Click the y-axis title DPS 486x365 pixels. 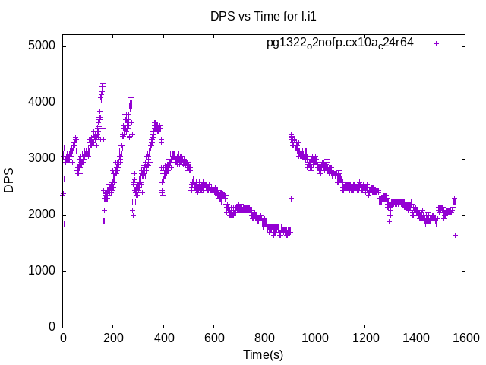[9, 179]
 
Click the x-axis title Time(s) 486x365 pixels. [263, 354]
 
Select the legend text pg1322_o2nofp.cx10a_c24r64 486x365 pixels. [339, 43]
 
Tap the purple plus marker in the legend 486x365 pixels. [436, 43]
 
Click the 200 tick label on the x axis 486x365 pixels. [113, 338]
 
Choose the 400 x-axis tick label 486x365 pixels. [163, 338]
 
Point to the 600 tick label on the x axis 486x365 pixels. [213, 338]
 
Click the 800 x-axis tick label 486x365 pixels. [264, 338]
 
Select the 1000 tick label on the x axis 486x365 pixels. [314, 338]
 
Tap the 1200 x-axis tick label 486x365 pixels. [364, 338]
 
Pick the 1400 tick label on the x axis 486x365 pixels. [415, 338]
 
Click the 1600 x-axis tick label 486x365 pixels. [465, 338]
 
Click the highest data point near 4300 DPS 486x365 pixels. [103, 84]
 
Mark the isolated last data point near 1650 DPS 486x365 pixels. [455, 235]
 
